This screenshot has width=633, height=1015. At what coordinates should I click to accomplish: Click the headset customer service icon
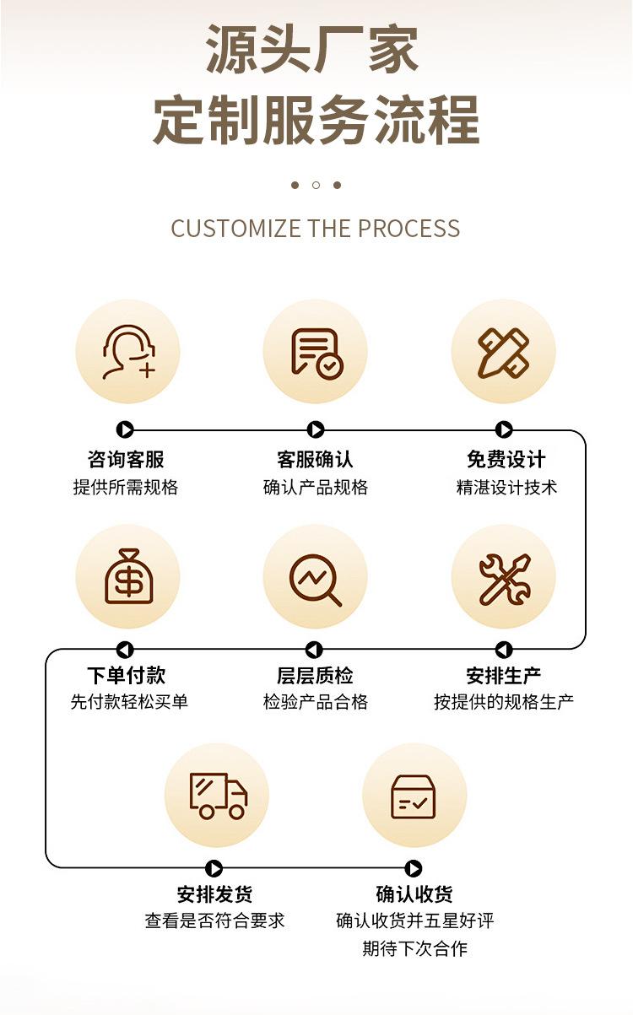pos(128,352)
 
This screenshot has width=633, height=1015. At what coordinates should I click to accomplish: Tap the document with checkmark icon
pos(316,352)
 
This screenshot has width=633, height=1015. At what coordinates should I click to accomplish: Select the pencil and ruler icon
pos(503,352)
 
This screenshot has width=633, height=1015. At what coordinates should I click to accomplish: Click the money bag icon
pos(128,576)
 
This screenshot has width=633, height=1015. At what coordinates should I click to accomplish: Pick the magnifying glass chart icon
pos(316,578)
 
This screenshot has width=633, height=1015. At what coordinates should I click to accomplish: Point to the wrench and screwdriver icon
pos(503,578)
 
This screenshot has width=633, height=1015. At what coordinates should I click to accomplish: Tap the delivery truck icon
pos(217,795)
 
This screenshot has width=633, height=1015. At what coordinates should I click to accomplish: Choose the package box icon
pos(414,796)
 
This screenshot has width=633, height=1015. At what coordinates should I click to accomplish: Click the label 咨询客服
pos(126,460)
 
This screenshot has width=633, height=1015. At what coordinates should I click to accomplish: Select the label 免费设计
pos(506,460)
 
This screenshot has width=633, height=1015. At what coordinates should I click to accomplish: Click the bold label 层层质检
pos(315,676)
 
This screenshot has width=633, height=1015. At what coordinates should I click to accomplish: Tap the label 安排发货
pos(214,894)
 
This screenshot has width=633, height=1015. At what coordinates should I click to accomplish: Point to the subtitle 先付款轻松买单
pos(129,702)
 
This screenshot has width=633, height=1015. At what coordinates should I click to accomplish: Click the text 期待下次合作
pos(414,948)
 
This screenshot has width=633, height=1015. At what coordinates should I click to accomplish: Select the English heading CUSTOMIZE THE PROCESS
pos(316,229)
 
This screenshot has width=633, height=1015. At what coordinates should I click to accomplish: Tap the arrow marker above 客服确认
pos(316,430)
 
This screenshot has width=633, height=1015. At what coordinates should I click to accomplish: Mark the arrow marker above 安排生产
pos(504,650)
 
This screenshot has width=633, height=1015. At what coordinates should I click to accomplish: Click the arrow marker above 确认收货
pos(414,868)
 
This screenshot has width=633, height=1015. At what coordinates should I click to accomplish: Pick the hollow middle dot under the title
pos(316,185)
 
